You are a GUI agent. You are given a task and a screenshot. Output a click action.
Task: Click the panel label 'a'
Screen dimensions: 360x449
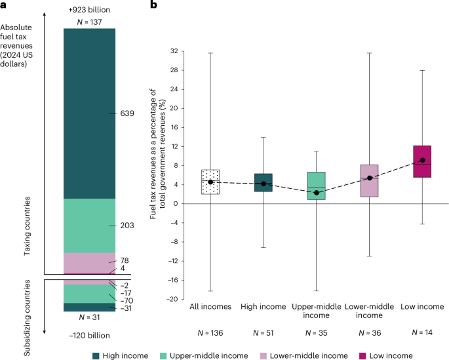(x=4, y=5)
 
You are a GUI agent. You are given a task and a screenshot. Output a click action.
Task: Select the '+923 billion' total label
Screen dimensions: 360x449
(x=89, y=11)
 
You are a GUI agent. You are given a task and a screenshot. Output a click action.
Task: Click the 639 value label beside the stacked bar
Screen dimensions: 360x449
(x=127, y=113)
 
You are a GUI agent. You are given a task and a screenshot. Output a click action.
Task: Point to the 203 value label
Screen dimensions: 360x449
(x=127, y=226)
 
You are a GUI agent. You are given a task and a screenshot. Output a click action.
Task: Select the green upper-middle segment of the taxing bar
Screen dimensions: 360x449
(x=89, y=226)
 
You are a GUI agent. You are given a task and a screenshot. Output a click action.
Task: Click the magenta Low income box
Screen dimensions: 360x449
(x=423, y=161)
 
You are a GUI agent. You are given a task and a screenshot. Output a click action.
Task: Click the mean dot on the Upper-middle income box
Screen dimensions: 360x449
(x=317, y=193)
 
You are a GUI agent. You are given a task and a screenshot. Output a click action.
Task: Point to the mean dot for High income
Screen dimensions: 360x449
(x=264, y=184)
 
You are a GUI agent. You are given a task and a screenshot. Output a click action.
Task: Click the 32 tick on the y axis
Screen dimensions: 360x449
(x=174, y=50)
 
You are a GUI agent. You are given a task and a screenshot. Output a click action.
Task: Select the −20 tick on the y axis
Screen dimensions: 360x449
(x=172, y=299)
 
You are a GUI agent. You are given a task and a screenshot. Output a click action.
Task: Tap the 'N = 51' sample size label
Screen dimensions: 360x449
(x=264, y=333)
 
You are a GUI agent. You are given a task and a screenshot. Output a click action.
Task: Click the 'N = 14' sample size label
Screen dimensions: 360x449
(x=423, y=333)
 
